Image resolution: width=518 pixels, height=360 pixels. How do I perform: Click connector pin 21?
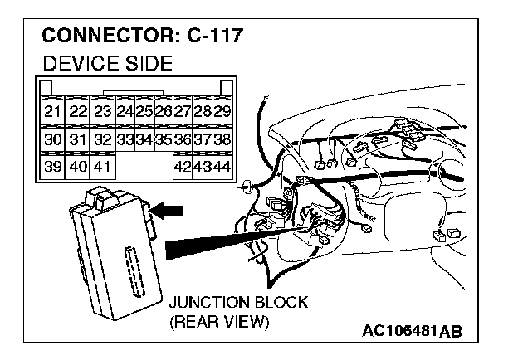pos(53,111)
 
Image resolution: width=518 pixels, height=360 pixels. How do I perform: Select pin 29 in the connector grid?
pos(222,111)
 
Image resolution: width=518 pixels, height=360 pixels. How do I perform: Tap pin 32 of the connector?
pos(102,139)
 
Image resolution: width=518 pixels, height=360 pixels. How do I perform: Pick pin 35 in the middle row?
pos(164,139)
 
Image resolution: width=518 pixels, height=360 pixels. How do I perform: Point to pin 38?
pos(222,139)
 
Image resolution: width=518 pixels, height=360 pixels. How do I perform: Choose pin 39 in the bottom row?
pos(53,167)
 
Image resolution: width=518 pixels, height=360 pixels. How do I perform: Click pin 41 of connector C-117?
pos(102,167)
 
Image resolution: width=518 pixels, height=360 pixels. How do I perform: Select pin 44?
pos(222,167)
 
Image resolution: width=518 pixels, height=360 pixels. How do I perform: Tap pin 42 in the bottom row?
pos(183,167)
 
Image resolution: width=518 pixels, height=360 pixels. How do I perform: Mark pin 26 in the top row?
pos(164,111)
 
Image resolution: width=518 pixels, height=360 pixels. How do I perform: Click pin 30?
pos(53,139)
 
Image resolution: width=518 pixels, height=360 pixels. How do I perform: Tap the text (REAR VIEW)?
pos(218,322)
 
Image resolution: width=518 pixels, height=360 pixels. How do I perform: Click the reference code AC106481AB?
pos(412,331)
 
